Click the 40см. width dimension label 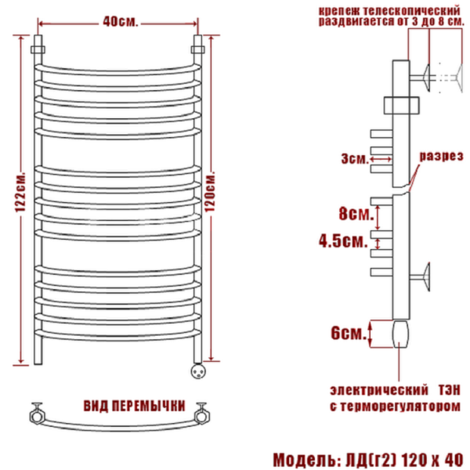click(x=120, y=22)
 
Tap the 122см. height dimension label click(x=21, y=192)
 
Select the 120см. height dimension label click(x=210, y=192)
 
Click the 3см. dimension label click(x=355, y=158)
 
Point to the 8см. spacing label click(x=356, y=213)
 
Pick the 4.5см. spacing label click(x=343, y=240)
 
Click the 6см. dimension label click(x=349, y=333)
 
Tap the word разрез click(x=440, y=156)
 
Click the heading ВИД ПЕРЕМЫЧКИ click(x=134, y=406)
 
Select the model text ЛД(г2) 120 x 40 click(x=404, y=460)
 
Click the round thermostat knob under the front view click(x=198, y=371)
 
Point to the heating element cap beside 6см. click(x=400, y=334)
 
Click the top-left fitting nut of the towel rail click(x=38, y=49)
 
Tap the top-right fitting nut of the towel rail click(x=198, y=49)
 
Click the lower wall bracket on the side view click(x=420, y=277)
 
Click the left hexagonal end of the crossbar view click(x=37, y=414)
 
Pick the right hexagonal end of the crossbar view click(x=202, y=414)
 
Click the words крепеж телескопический click(x=389, y=11)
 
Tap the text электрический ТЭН click(x=395, y=390)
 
